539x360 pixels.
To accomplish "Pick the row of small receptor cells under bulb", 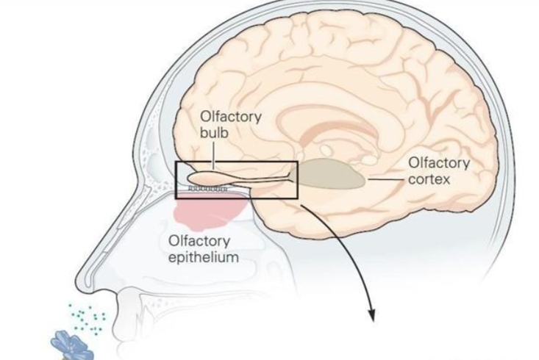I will (x=208, y=190).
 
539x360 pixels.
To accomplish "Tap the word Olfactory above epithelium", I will (x=199, y=241).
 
